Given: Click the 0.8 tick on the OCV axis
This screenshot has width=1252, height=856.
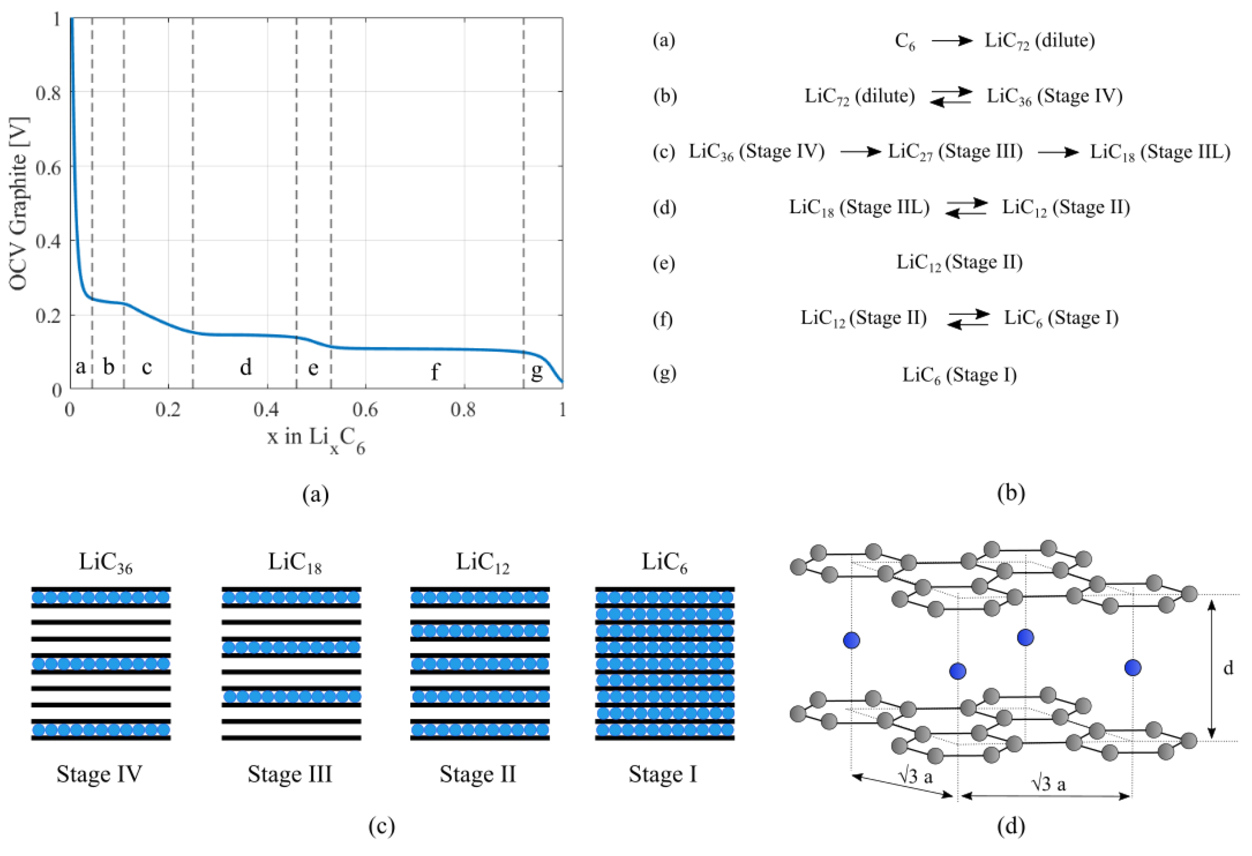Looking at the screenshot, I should [x=48, y=93].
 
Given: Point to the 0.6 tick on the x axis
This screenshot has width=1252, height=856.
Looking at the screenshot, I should [x=365, y=410].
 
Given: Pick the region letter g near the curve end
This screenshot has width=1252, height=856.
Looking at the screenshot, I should [x=536, y=372].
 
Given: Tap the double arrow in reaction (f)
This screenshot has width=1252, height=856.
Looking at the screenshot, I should [x=969, y=318].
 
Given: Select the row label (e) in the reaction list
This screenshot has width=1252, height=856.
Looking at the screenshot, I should [x=664, y=263].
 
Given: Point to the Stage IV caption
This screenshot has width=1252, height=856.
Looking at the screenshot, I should [x=100, y=774].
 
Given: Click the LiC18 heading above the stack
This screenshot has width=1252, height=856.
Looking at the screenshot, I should [x=295, y=563].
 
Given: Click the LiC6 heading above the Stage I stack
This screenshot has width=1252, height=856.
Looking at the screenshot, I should [x=664, y=563].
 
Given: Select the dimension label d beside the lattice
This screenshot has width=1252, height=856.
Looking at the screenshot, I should [x=1228, y=668].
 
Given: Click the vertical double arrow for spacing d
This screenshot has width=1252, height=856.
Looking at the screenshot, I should [x=1212, y=668].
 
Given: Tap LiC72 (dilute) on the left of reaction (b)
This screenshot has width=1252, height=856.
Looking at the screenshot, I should [x=859, y=97].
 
